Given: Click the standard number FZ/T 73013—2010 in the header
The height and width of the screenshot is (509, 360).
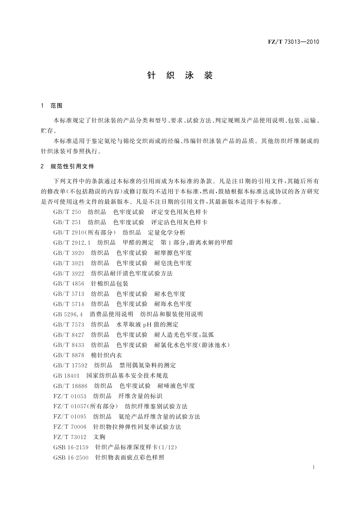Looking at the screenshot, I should pyautogui.click(x=293, y=42).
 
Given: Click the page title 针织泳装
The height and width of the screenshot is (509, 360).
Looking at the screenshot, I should pyautogui.click(x=180, y=76).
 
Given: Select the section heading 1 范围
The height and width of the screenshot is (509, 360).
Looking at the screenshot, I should pyautogui.click(x=52, y=106).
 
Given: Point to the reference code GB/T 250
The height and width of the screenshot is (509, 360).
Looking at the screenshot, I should pyautogui.click(x=67, y=212).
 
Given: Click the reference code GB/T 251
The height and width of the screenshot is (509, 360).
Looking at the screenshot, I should pyautogui.click(x=67, y=222).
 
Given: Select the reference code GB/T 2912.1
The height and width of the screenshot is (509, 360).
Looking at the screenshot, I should pyautogui.click(x=72, y=243).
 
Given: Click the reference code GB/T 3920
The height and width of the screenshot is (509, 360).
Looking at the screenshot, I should pyautogui.click(x=69, y=253).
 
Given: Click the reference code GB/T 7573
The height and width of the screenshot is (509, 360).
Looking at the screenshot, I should pyautogui.click(x=69, y=325).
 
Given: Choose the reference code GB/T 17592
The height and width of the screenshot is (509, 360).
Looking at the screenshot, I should pyautogui.click(x=70, y=365).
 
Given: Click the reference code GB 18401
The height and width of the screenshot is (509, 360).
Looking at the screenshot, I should pyautogui.click(x=66, y=376).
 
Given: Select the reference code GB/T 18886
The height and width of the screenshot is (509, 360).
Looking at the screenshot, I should pyautogui.click(x=70, y=386).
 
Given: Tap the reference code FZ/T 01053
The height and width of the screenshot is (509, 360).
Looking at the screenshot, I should pyautogui.click(x=70, y=396).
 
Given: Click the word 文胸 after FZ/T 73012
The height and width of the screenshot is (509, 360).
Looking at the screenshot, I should pyautogui.click(x=99, y=437).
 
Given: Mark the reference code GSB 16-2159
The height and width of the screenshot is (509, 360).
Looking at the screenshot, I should pyautogui.click(x=71, y=447).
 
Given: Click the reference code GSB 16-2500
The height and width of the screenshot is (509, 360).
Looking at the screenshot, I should pyautogui.click(x=71, y=458).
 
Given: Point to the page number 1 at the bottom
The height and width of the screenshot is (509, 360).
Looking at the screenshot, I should pyautogui.click(x=313, y=467).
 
